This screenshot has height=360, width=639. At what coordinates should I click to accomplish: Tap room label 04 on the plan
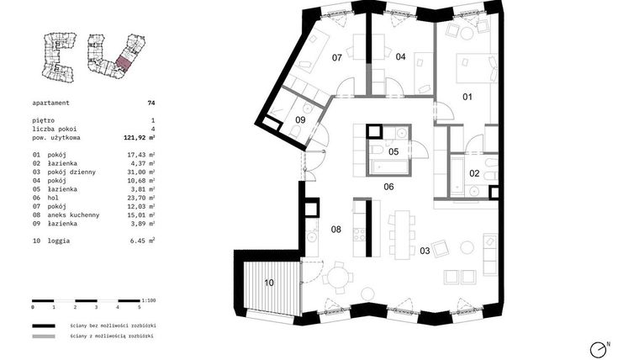[400, 57]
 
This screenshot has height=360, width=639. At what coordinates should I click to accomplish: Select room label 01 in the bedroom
[467, 97]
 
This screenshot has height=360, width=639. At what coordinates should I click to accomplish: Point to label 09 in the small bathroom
[300, 120]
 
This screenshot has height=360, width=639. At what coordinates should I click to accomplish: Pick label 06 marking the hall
[388, 187]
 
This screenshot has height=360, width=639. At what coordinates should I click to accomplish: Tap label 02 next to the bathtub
[474, 173]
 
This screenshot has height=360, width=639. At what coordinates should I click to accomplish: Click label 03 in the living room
[425, 251]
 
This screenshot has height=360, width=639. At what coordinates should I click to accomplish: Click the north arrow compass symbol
[599, 347]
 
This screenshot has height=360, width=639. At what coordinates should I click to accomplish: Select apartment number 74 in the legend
[151, 103]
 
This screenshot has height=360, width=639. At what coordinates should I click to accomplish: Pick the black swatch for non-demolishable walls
[49, 325]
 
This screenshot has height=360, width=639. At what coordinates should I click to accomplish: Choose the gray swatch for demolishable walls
[49, 337]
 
